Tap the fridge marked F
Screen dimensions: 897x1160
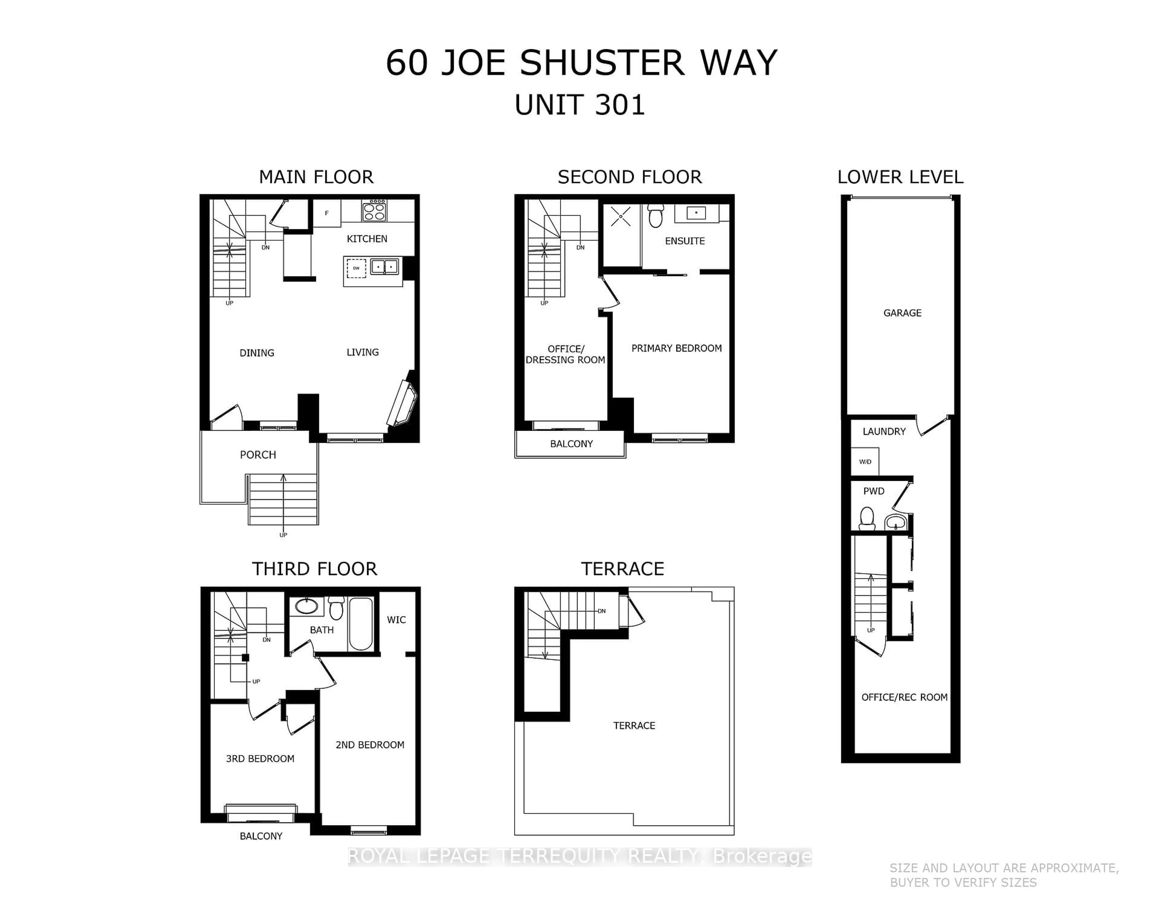pyautogui.click(x=327, y=213)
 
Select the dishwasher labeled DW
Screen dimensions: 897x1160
pyautogui.click(x=356, y=268)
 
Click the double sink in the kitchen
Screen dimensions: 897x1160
pyautogui.click(x=385, y=266)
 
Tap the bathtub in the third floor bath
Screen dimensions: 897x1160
pyautogui.click(x=361, y=623)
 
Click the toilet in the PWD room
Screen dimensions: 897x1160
pyautogui.click(x=867, y=518)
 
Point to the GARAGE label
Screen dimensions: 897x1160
pyautogui.click(x=902, y=313)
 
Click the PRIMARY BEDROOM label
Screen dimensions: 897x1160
pyautogui.click(x=676, y=349)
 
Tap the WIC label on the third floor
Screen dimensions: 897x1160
pyautogui.click(x=396, y=620)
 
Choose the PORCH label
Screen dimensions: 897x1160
pyautogui.click(x=258, y=455)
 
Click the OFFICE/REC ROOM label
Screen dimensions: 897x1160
pyautogui.click(x=904, y=697)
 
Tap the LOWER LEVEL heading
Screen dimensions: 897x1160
pyautogui.click(x=900, y=177)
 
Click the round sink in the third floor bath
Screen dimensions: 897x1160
pyautogui.click(x=307, y=606)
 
